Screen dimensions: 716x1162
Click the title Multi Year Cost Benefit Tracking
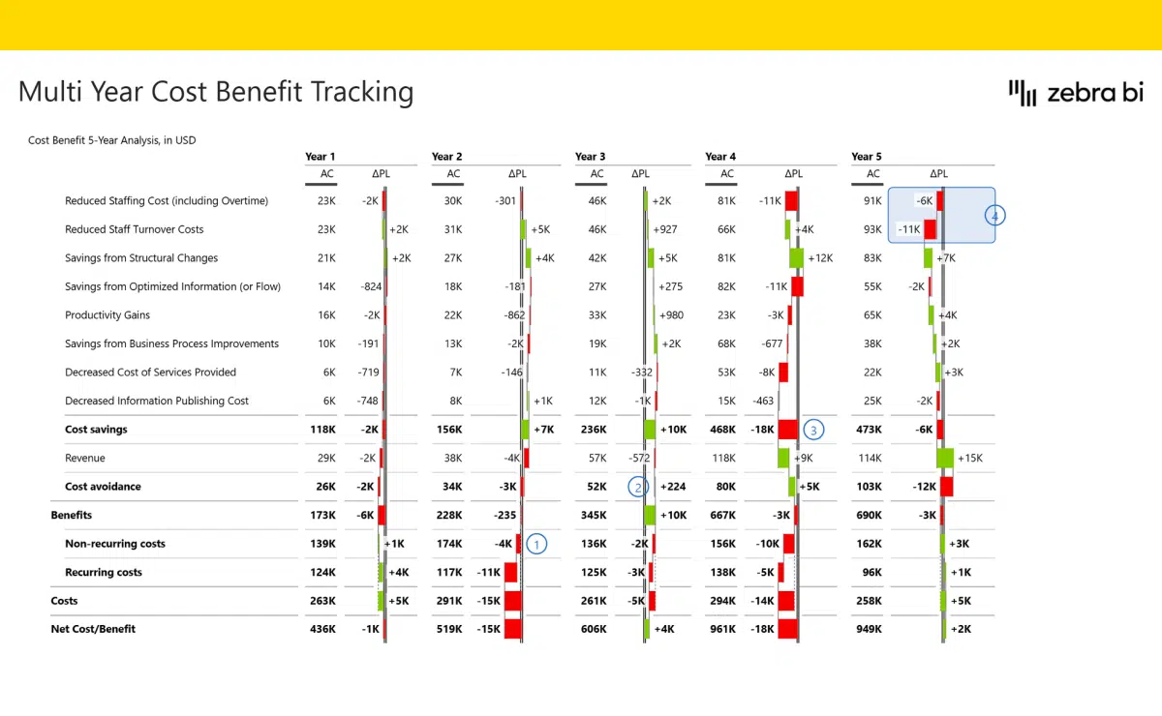pyautogui.click(x=216, y=92)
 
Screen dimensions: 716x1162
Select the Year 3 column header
pyautogui.click(x=590, y=157)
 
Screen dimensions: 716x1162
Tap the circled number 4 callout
pyautogui.click(x=994, y=215)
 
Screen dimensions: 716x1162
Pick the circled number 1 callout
pyautogui.click(x=536, y=544)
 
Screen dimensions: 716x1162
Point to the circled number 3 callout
pyautogui.click(x=814, y=430)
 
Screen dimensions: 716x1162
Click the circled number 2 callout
pyautogui.click(x=637, y=487)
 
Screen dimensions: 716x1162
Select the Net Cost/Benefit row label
pyautogui.click(x=93, y=629)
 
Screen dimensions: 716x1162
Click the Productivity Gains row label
pyautogui.click(x=107, y=315)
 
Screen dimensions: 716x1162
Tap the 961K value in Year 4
pyautogui.click(x=721, y=629)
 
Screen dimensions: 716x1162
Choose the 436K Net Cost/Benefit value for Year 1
pyautogui.click(x=322, y=629)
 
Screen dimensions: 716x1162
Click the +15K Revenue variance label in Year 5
pyautogui.click(x=969, y=459)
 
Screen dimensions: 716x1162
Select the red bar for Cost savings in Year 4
pyautogui.click(x=787, y=430)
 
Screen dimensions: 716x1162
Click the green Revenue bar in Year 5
pyautogui.click(x=945, y=459)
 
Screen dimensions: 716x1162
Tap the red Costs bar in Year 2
pyautogui.click(x=513, y=601)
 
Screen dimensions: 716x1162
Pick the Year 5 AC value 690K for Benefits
pyautogui.click(x=869, y=516)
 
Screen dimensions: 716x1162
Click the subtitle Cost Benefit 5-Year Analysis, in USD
pyautogui.click(x=112, y=140)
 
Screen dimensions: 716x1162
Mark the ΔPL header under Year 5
pyautogui.click(x=938, y=174)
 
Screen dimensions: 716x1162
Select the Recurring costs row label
pyautogui.click(x=104, y=573)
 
